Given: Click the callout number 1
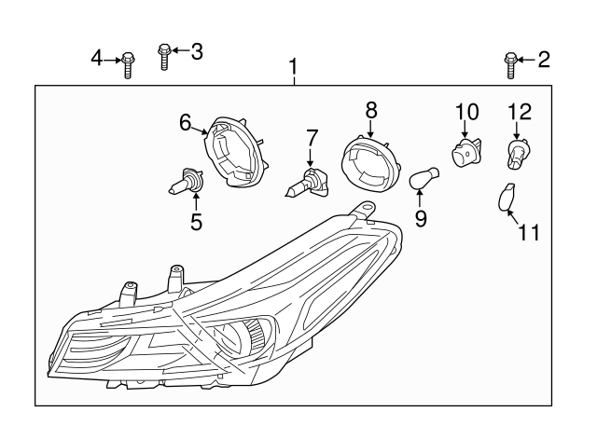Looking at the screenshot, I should pos(294,67).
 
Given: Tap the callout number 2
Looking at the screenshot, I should pos(543,61).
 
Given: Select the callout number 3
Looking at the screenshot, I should pos(196,51).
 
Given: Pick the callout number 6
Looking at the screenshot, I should pos(186,121).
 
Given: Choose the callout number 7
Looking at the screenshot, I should pos(312,137).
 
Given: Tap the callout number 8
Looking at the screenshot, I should pos(371,110).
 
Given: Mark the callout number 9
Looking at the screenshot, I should pos(421,218).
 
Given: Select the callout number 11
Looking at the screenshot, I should pos(529,232).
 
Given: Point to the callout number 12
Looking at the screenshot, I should pos(519,113).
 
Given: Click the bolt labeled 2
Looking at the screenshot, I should pos(510,63).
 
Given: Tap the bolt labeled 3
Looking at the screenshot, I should pos(164,57).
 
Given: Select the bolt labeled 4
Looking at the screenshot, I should pos(128,65).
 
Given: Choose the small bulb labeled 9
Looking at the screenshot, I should pos(423,177).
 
